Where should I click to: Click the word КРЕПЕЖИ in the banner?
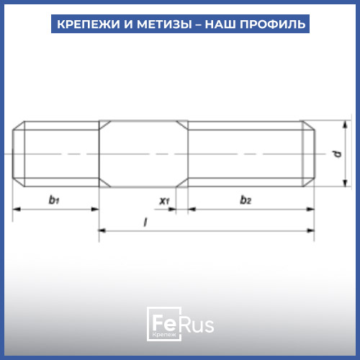click(89, 24)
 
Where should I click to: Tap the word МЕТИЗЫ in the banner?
click(164, 24)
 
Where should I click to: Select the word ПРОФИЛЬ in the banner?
click(273, 24)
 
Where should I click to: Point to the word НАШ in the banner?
click(220, 24)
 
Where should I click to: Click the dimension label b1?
click(54, 199)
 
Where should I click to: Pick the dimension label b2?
click(246, 199)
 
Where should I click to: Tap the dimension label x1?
click(165, 201)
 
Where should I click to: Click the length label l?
click(145, 222)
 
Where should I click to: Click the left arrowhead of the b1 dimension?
click(17, 210)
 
